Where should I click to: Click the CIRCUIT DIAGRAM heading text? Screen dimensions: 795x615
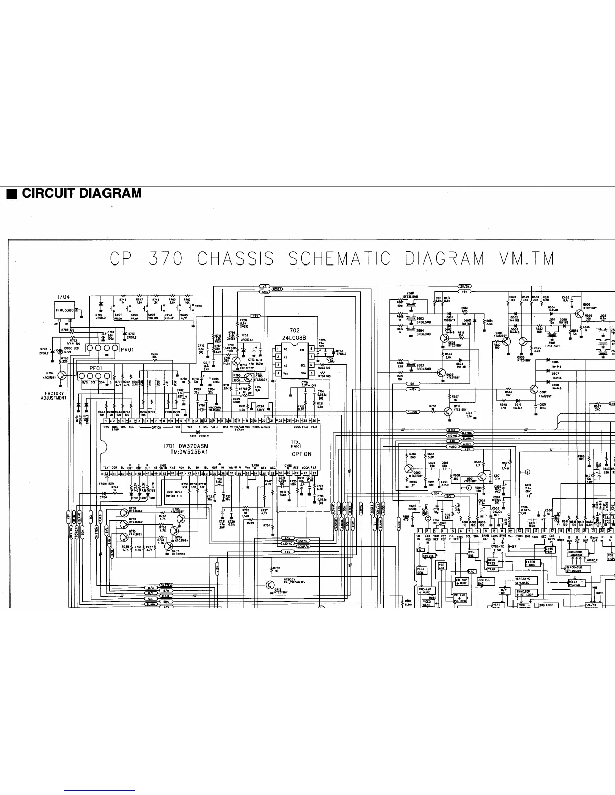click(x=81, y=193)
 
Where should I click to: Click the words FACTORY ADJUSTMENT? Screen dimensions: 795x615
click(x=54, y=396)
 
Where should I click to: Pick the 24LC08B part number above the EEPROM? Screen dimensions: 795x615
click(x=294, y=338)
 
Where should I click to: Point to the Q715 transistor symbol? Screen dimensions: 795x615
click(x=62, y=375)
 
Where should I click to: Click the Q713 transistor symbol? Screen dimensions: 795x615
click(x=271, y=585)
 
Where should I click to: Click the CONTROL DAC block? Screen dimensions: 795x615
click(x=484, y=582)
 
